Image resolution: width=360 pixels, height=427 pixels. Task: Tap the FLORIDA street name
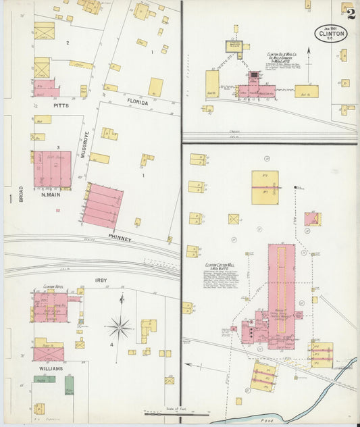[x=137, y=102]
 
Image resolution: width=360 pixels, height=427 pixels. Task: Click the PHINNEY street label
[x=121, y=237]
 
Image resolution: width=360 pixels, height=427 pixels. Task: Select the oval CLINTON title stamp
[x=330, y=34]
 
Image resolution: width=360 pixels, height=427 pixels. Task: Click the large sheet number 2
[x=350, y=11]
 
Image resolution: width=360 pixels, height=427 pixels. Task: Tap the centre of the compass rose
[x=120, y=328]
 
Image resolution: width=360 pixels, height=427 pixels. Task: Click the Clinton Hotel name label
[x=53, y=286]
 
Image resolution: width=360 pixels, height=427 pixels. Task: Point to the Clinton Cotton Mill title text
[x=220, y=266]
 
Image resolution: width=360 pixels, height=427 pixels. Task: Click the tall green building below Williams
[x=69, y=385]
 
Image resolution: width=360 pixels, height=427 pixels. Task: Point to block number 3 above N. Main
[x=59, y=147]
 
